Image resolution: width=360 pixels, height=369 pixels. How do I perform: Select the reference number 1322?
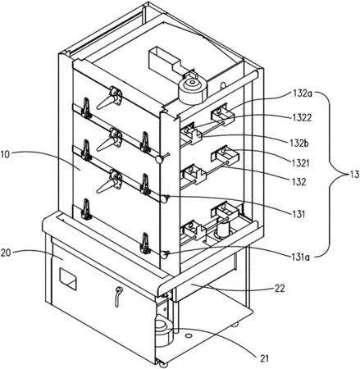[x=301, y=117]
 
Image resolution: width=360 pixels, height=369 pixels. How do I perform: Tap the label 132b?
[x=299, y=143]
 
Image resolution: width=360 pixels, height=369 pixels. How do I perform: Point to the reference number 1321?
[x=300, y=163]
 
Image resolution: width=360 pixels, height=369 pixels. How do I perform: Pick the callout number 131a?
[x=300, y=257]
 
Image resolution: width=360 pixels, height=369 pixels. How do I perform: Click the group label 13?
[x=352, y=175]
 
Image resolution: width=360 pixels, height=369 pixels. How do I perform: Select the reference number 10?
[x=6, y=154]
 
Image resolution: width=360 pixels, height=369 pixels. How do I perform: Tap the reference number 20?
[x=6, y=253]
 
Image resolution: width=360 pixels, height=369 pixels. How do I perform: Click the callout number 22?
[x=280, y=289]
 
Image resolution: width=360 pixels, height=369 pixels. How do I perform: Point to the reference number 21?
[x=264, y=358]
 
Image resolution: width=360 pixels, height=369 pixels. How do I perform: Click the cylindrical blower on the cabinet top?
[x=193, y=90]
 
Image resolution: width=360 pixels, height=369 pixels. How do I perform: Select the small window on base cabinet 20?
[x=68, y=280]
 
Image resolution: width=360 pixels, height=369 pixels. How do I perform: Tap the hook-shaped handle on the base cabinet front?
[x=118, y=296]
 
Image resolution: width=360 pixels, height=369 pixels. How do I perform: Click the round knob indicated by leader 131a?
[x=165, y=255]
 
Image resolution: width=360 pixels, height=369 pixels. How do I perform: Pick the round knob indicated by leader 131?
[x=165, y=198]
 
